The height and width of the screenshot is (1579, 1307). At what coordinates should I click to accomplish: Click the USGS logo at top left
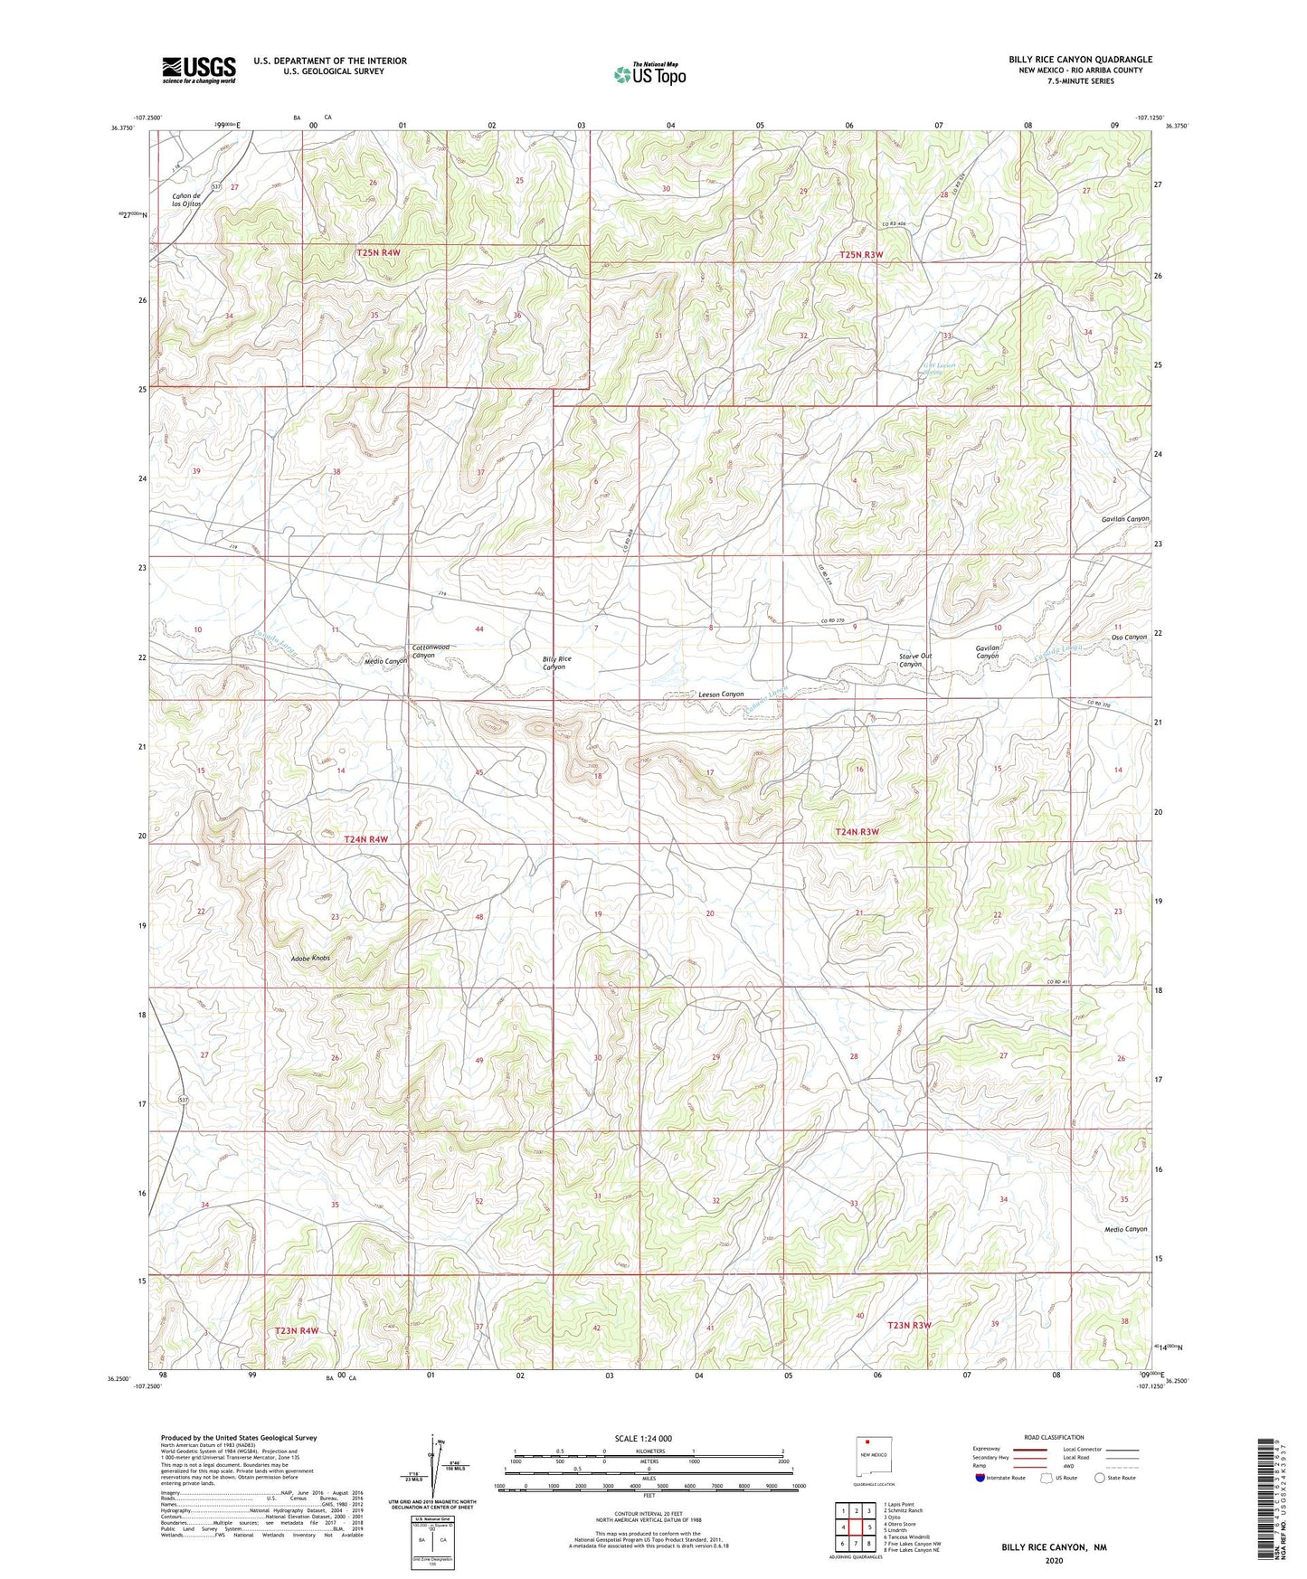click(199, 70)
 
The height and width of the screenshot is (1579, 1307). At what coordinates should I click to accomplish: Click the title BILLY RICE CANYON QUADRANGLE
click(1080, 60)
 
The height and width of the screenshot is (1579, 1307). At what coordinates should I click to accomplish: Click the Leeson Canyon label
click(721, 694)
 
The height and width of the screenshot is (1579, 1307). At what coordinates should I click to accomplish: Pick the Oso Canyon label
click(1128, 637)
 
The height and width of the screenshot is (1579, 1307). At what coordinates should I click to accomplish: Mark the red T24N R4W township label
click(365, 839)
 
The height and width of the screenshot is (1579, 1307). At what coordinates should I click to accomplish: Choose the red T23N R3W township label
click(909, 1325)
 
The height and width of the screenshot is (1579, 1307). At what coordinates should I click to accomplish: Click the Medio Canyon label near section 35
click(1125, 1229)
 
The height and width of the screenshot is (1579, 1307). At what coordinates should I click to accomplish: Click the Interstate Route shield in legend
click(980, 1478)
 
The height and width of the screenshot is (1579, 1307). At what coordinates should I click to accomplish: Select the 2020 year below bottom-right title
click(1053, 1560)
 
